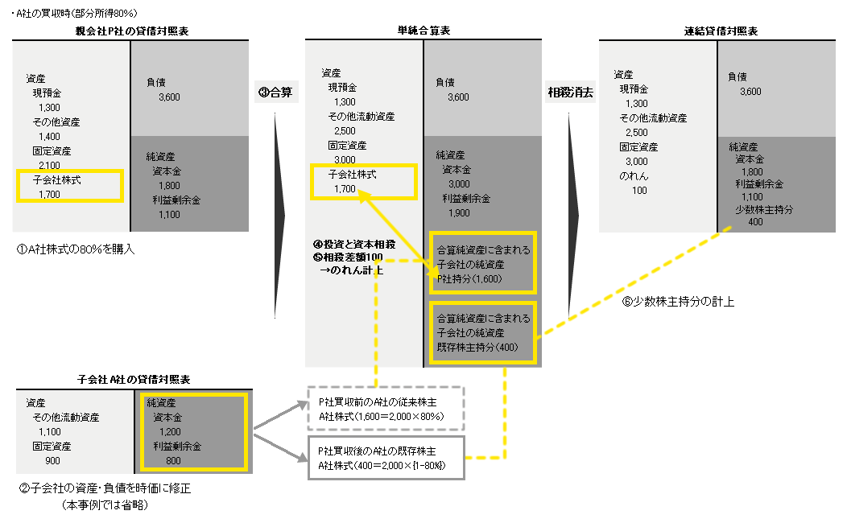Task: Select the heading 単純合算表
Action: click(x=423, y=31)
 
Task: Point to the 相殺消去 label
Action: click(x=570, y=92)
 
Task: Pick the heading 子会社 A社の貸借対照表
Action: click(x=133, y=378)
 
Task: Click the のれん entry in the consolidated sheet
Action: click(x=635, y=175)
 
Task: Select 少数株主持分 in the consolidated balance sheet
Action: click(x=764, y=209)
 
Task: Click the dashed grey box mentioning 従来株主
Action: click(x=386, y=409)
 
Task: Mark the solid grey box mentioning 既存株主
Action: click(x=386, y=458)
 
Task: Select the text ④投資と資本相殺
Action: click(x=354, y=244)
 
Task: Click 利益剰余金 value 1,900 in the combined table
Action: click(x=459, y=212)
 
